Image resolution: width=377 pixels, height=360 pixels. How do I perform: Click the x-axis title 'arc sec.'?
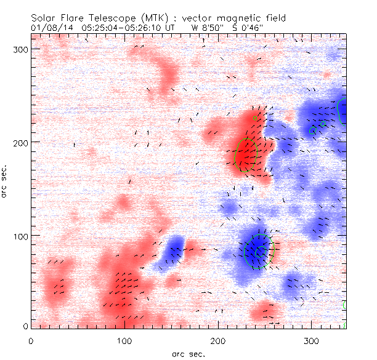(188, 354)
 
